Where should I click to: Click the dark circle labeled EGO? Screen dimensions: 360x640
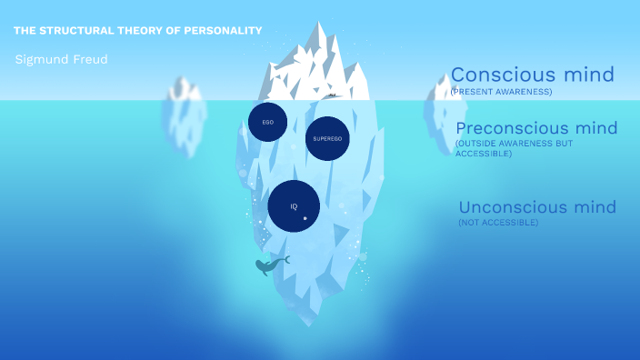pyautogui.click(x=267, y=122)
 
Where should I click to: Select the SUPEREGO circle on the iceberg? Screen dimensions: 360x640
pyautogui.click(x=326, y=138)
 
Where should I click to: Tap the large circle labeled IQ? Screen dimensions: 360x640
pyautogui.click(x=294, y=206)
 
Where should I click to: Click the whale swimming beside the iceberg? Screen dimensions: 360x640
pyautogui.click(x=266, y=266)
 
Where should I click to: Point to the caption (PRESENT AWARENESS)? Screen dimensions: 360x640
pyautogui.click(x=501, y=92)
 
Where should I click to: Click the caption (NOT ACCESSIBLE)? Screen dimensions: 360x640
pyautogui.click(x=498, y=223)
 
